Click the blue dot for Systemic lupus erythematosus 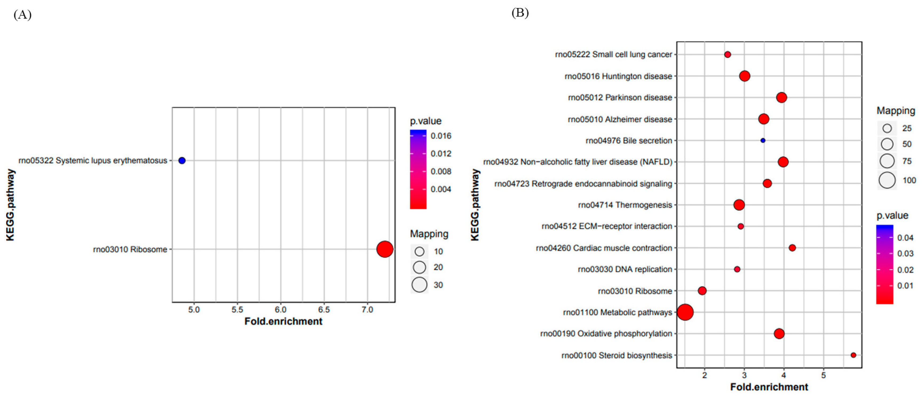182,160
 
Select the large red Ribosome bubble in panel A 385,249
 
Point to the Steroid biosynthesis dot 853,355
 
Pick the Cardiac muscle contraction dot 792,248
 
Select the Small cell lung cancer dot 728,54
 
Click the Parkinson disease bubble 781,97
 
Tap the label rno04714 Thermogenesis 625,205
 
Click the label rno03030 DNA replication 625,269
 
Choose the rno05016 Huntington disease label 618,76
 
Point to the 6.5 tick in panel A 324,310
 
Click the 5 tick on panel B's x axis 824,375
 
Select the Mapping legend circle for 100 887,180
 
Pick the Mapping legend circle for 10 419,251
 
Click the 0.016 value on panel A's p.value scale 441,136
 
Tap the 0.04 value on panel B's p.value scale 905,238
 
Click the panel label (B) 520,13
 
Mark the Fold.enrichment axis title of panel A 283,321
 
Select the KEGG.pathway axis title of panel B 475,205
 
